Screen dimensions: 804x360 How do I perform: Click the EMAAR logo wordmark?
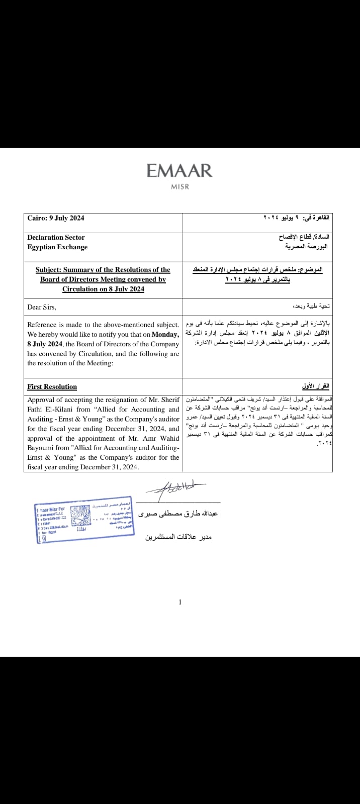pos(179,171)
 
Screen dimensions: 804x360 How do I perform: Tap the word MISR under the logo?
pos(179,187)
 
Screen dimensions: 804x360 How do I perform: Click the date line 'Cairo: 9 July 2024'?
pos(56,218)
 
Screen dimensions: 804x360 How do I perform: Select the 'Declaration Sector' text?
pos(56,237)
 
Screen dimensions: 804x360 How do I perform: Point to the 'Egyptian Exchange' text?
pos(57,247)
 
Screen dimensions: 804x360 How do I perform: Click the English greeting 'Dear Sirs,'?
pos(42,307)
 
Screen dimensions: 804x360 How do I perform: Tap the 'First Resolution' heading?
pos(52,386)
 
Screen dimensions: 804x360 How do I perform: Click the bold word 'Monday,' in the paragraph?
pos(165,335)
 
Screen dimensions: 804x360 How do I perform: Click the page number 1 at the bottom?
pos(180,602)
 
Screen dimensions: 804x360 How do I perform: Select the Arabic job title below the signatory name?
pos(178,537)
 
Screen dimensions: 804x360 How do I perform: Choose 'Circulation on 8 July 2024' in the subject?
pos(103,289)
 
